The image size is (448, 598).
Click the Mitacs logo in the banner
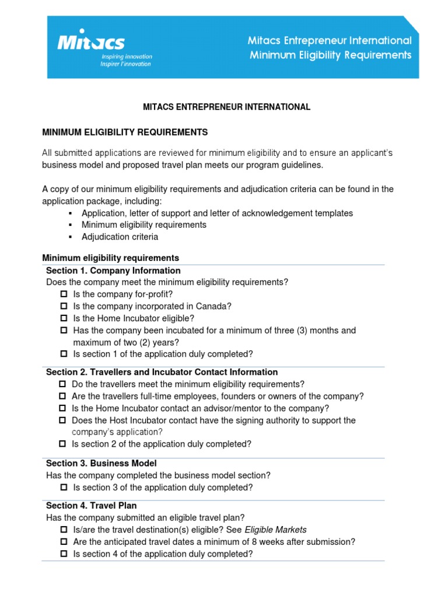click(90, 42)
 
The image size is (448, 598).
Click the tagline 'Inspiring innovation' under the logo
click(127, 57)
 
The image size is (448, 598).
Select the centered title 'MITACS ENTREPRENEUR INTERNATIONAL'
click(227, 107)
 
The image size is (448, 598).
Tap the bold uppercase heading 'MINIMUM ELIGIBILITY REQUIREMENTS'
click(125, 133)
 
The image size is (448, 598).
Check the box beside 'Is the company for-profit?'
click(64, 294)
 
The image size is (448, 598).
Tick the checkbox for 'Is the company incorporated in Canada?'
click(64, 306)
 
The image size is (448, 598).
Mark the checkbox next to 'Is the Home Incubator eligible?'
click(64, 318)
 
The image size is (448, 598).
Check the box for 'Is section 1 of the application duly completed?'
click(64, 354)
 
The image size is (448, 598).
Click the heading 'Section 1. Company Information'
click(113, 271)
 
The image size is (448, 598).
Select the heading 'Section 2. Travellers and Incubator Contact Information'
click(162, 372)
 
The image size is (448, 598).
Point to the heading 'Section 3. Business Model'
click(101, 464)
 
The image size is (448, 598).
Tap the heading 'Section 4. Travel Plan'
click(91, 506)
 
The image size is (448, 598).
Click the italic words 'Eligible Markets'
click(275, 530)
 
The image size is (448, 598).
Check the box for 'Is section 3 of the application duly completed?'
click(64, 488)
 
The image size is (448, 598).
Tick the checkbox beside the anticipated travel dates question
click(64, 542)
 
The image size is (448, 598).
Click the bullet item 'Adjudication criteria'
click(120, 237)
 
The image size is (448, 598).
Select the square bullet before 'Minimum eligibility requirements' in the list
click(70, 225)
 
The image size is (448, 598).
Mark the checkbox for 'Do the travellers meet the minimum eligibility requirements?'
click(63, 384)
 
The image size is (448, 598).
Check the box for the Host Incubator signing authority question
click(63, 420)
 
